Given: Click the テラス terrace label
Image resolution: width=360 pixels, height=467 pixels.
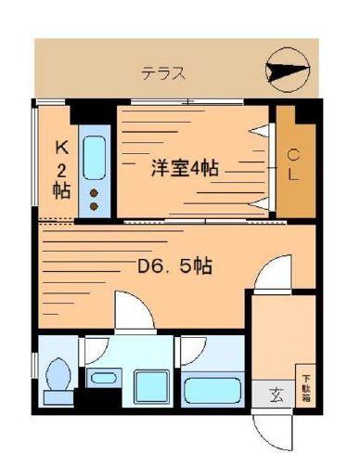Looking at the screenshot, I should click(163, 71).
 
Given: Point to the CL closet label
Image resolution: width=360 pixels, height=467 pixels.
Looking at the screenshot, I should click(291, 164).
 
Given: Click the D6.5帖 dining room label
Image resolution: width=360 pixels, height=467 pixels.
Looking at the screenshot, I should click(174, 267).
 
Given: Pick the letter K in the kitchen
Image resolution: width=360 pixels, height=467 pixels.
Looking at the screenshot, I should click(61, 146).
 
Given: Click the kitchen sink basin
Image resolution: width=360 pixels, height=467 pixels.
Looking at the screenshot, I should click(94, 158).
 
